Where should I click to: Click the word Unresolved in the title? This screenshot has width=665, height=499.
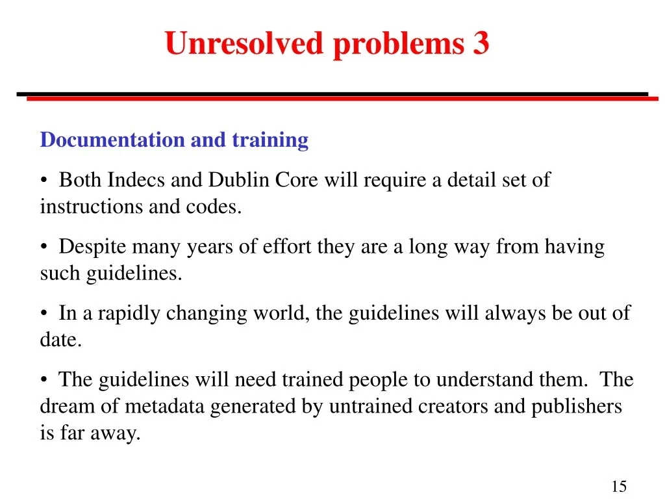(244, 44)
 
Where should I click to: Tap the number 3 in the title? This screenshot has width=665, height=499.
(481, 44)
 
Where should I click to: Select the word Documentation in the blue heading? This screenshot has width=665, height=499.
(112, 140)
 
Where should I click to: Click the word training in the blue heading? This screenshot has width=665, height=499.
(270, 140)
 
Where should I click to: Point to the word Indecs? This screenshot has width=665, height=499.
(136, 180)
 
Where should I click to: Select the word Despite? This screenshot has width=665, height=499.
(92, 247)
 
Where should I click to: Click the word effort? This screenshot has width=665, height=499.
(286, 246)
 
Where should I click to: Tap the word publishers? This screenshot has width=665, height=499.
(577, 407)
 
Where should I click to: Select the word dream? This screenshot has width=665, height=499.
(68, 406)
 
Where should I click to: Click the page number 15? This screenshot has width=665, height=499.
(619, 486)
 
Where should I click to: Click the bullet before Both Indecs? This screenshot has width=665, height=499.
(44, 181)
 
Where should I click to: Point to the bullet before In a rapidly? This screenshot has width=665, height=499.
(44, 314)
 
